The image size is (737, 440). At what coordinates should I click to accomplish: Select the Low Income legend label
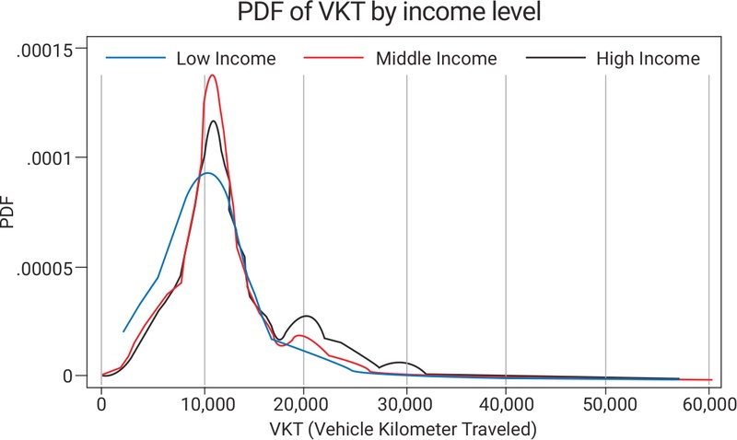[x=226, y=59]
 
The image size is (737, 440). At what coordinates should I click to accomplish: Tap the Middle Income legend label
[x=436, y=59]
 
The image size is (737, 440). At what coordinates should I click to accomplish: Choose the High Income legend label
[x=649, y=59]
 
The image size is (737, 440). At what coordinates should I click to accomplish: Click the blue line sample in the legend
[x=133, y=59]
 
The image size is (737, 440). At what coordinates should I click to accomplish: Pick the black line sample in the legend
[x=555, y=59]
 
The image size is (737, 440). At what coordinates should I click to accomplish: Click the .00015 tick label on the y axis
[x=53, y=48]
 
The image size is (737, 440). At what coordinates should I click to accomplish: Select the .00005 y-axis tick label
[x=53, y=267]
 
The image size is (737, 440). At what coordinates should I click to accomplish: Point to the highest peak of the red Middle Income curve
[x=213, y=75]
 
